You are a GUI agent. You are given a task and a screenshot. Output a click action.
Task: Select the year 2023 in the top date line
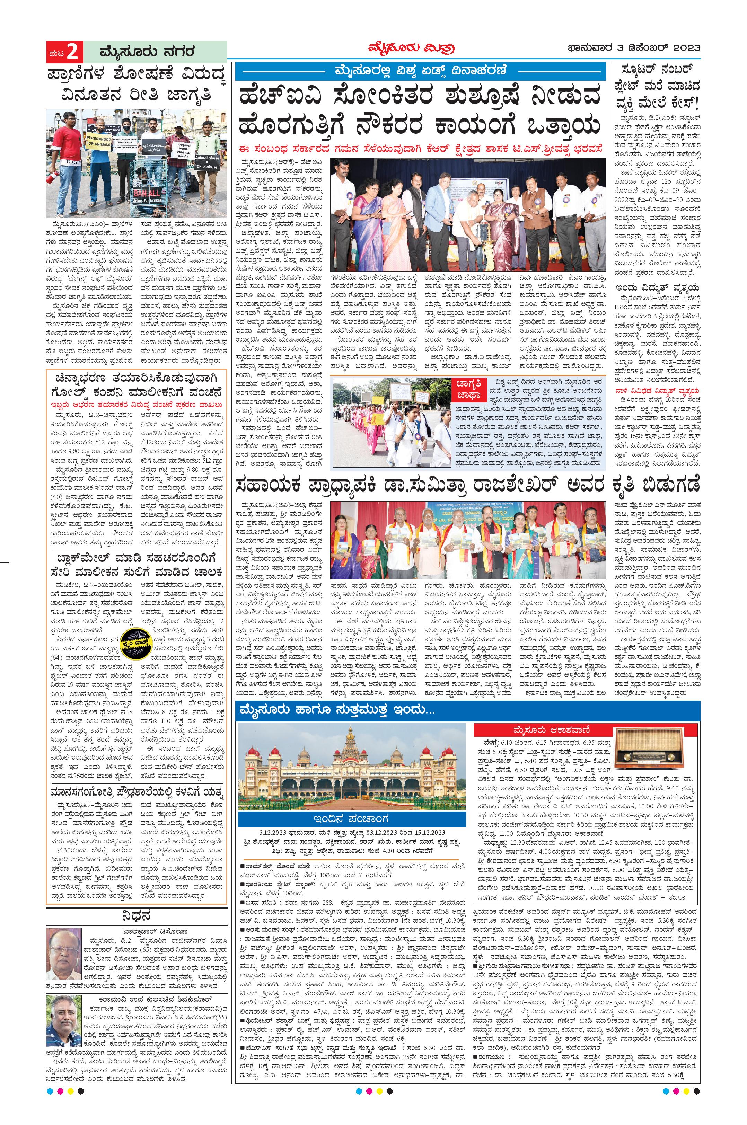(684, 48)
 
